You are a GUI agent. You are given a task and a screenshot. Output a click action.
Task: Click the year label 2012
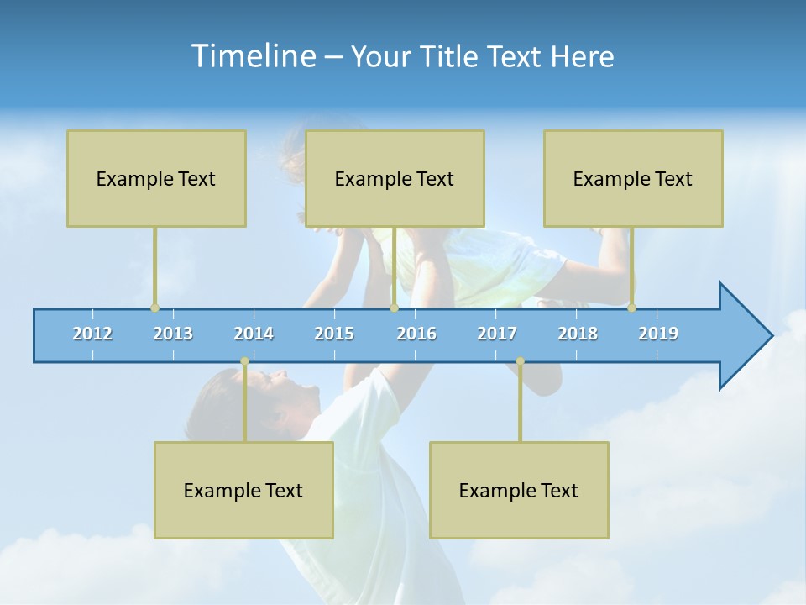click(x=92, y=334)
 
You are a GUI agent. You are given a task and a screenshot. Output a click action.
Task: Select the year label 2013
click(x=173, y=334)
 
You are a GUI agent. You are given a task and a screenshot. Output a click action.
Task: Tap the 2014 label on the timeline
click(x=254, y=334)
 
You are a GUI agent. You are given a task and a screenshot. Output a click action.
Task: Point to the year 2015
click(x=334, y=334)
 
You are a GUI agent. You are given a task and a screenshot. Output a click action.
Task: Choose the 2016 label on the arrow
click(x=416, y=334)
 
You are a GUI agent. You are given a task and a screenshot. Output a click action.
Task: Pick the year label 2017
click(x=497, y=334)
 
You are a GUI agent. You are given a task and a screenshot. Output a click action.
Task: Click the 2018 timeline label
click(x=578, y=334)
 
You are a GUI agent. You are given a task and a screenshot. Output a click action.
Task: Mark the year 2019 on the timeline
click(x=658, y=334)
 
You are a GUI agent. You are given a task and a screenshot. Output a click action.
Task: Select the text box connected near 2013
click(x=156, y=178)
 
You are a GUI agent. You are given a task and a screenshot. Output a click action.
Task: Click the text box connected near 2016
click(x=395, y=178)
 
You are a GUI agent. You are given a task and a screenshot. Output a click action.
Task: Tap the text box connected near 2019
click(x=633, y=178)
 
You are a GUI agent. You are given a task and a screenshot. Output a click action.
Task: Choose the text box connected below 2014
click(x=243, y=490)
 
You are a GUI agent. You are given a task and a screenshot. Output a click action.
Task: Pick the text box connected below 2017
click(x=519, y=490)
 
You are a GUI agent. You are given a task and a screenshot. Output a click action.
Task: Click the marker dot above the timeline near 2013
click(x=154, y=308)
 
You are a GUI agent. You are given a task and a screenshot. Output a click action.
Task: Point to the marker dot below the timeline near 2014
click(x=244, y=361)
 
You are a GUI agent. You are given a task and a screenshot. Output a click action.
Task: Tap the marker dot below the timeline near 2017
click(x=520, y=361)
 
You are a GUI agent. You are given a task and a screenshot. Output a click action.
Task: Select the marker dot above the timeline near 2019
click(x=631, y=308)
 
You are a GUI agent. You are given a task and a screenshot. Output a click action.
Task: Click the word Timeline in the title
click(x=253, y=56)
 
